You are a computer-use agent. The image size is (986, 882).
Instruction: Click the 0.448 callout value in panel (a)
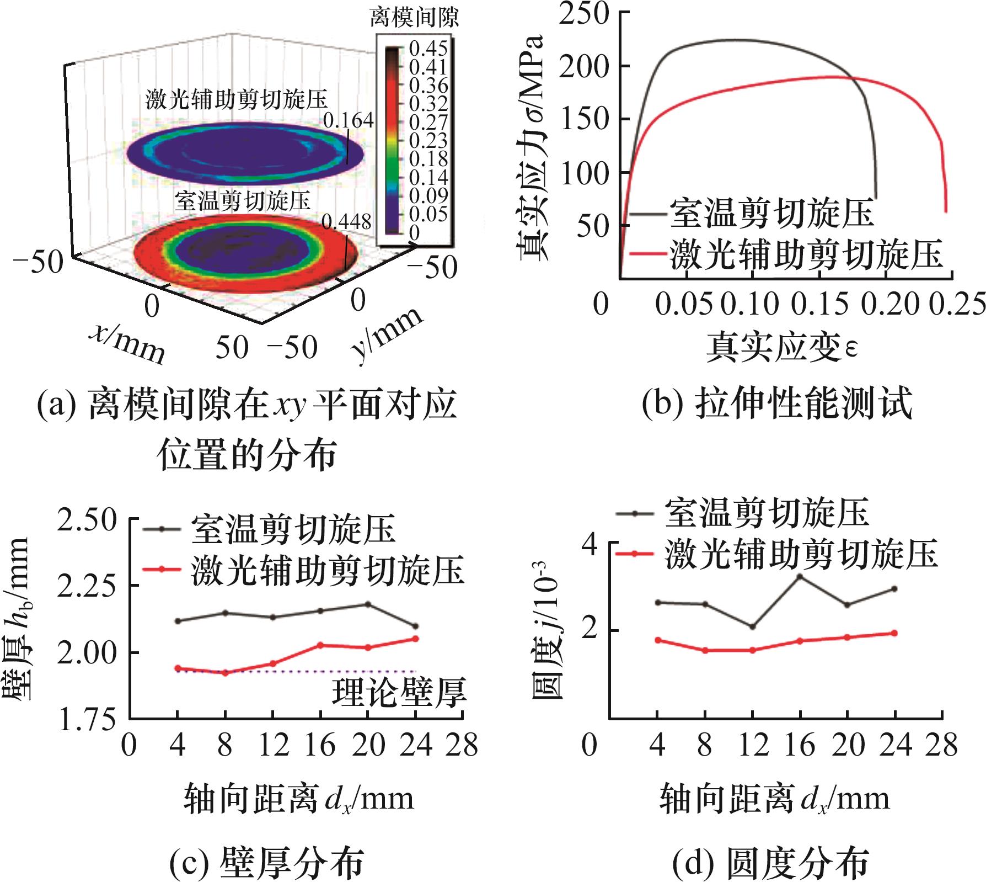pos(346,222)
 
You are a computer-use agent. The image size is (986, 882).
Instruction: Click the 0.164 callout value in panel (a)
pos(348,120)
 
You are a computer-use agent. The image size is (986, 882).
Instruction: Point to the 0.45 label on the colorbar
pos(428,49)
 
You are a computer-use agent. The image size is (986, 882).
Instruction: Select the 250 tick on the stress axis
pos(583,13)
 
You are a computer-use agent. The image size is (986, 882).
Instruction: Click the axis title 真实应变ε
pos(782,347)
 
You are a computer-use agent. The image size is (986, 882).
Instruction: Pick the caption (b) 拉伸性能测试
pos(777,403)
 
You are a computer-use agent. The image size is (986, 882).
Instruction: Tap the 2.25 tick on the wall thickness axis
pos(87,586)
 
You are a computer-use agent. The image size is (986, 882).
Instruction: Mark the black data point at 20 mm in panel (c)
pos(368,604)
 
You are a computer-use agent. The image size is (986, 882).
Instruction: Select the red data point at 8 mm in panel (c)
pos(225,673)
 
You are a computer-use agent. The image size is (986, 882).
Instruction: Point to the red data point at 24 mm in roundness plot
pos(894,633)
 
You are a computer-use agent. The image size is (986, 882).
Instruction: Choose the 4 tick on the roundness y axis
pos(590,545)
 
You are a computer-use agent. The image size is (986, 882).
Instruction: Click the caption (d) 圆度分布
pos(770,863)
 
